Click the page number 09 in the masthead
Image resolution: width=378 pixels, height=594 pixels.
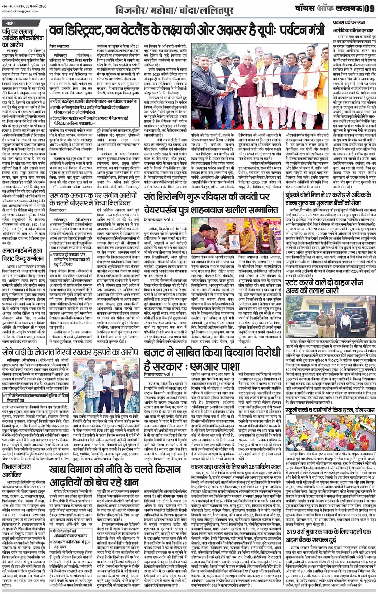pyautogui.click(x=370, y=8)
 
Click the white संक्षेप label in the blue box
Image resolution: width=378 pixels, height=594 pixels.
pyautogui.click(x=11, y=23)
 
